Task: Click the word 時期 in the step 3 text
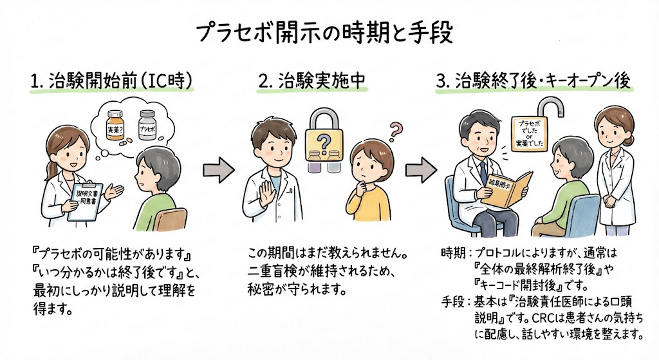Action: (446, 252)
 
